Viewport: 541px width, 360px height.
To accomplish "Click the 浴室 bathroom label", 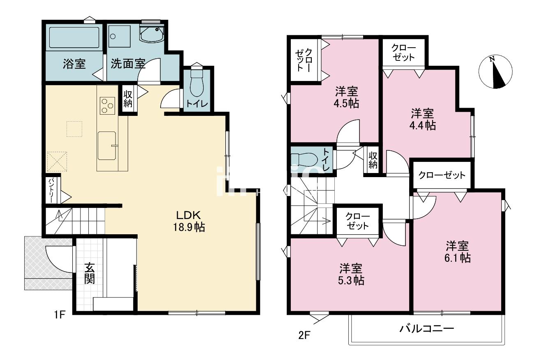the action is pyautogui.click(x=74, y=64).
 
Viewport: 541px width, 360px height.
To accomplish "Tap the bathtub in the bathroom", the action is pyautogui.click(x=74, y=37).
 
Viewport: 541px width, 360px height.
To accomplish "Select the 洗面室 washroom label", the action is pyautogui.click(x=128, y=64).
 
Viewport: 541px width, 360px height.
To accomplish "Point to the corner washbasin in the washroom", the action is pyautogui.click(x=152, y=34).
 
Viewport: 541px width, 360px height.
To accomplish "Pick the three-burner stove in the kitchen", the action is pyautogui.click(x=107, y=106).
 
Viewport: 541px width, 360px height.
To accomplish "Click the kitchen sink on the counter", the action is pyautogui.click(x=107, y=146).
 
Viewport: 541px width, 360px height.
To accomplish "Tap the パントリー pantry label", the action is pyautogui.click(x=52, y=191).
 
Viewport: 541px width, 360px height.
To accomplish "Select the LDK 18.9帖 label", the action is pyautogui.click(x=189, y=221).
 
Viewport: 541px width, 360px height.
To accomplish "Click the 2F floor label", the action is pyautogui.click(x=304, y=335).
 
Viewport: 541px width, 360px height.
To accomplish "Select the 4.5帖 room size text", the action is pyautogui.click(x=346, y=104).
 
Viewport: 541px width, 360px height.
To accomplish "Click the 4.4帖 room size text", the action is pyautogui.click(x=423, y=125).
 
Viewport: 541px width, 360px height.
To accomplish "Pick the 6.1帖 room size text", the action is pyautogui.click(x=458, y=258).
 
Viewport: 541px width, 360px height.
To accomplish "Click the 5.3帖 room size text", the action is pyautogui.click(x=351, y=280).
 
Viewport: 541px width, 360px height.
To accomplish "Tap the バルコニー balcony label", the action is pyautogui.click(x=427, y=328).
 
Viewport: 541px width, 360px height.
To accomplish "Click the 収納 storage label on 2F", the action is pyautogui.click(x=373, y=160).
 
